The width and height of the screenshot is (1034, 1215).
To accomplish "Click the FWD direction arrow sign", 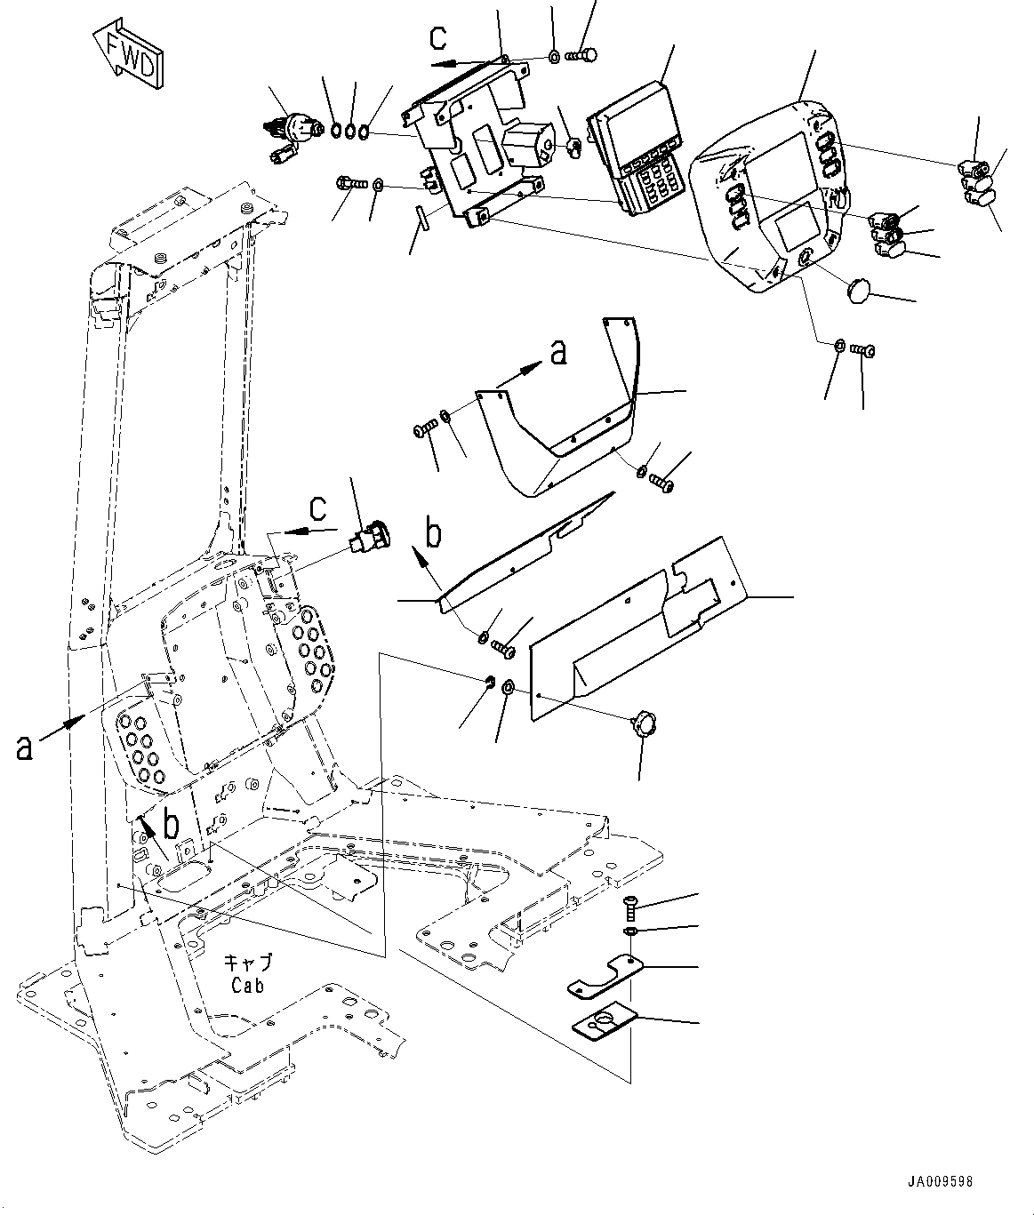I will [x=129, y=52].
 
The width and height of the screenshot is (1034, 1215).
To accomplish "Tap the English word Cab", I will [x=248, y=986].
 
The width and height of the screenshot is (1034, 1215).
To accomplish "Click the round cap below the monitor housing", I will [x=860, y=290].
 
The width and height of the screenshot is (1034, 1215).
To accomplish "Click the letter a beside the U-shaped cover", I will [x=557, y=354].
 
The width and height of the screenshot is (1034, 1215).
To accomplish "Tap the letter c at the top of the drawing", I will [x=438, y=37].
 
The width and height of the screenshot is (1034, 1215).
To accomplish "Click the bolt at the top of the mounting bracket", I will [x=582, y=55].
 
